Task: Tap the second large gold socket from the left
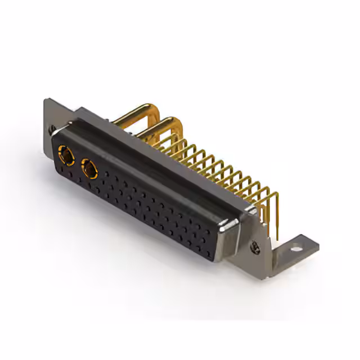[89, 167]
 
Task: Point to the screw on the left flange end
[51, 130]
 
